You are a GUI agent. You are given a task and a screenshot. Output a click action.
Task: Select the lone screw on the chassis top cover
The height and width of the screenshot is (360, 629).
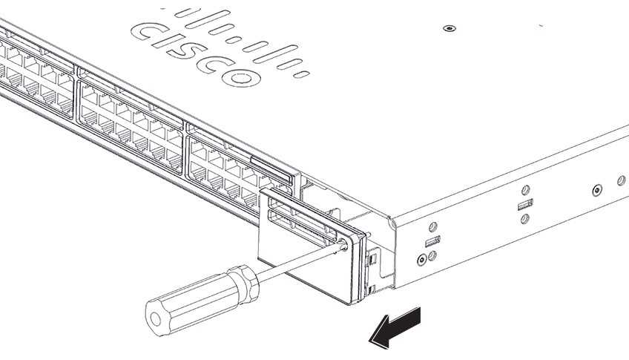click(x=447, y=28)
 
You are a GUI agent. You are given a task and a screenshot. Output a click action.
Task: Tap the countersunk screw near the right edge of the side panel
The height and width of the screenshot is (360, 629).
click(x=598, y=191)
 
